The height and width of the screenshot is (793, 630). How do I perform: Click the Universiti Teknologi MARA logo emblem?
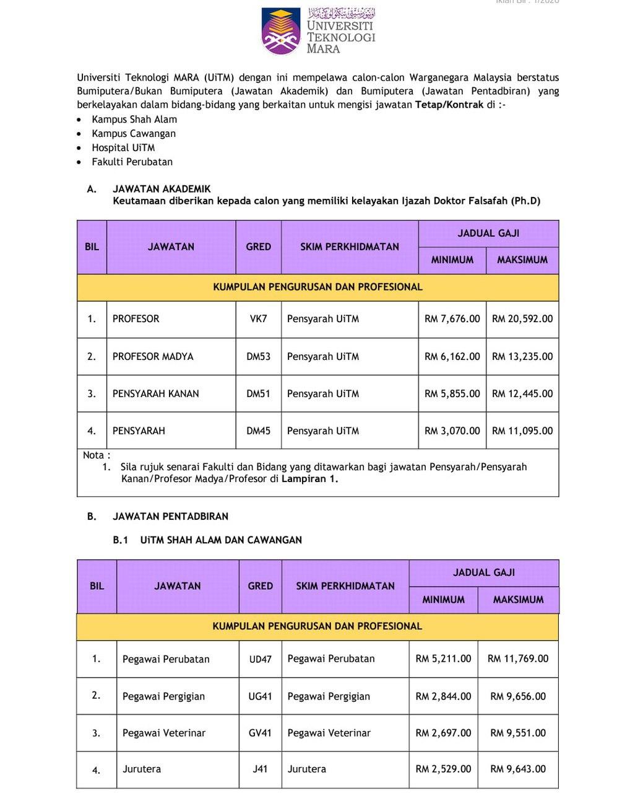pyautogui.click(x=280, y=30)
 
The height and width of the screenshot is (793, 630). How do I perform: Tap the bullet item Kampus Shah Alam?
pyautogui.click(x=134, y=120)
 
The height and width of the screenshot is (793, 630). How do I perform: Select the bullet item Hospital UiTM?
pyautogui.click(x=123, y=148)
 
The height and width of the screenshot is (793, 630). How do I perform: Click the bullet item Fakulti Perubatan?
pyautogui.click(x=132, y=162)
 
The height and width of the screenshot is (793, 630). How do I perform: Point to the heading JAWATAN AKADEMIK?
pyautogui.click(x=162, y=190)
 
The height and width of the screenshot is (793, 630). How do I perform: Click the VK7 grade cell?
pyautogui.click(x=258, y=319)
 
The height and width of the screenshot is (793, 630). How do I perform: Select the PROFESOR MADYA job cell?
pyautogui.click(x=153, y=357)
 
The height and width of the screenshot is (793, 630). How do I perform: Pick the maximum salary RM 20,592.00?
pyautogui.click(x=522, y=319)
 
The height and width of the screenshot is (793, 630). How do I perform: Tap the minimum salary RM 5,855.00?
pyautogui.click(x=452, y=394)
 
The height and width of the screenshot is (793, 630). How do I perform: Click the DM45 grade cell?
pyautogui.click(x=258, y=431)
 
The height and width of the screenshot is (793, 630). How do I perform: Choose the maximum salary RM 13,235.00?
pyautogui.click(x=522, y=357)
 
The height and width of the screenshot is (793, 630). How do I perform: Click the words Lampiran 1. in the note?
pyautogui.click(x=310, y=479)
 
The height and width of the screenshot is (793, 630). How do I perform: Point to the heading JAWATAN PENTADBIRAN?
pyautogui.click(x=170, y=517)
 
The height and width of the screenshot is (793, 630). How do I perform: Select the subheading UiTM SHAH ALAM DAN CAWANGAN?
pyautogui.click(x=221, y=540)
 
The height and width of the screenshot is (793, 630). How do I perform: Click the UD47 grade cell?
pyautogui.click(x=260, y=659)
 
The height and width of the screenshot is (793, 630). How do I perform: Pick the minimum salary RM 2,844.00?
pyautogui.click(x=443, y=696)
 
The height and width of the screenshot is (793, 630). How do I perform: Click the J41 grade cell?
pyautogui.click(x=260, y=769)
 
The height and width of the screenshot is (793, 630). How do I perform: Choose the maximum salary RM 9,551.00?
pyautogui.click(x=518, y=733)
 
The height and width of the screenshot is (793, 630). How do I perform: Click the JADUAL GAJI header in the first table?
pyautogui.click(x=488, y=234)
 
